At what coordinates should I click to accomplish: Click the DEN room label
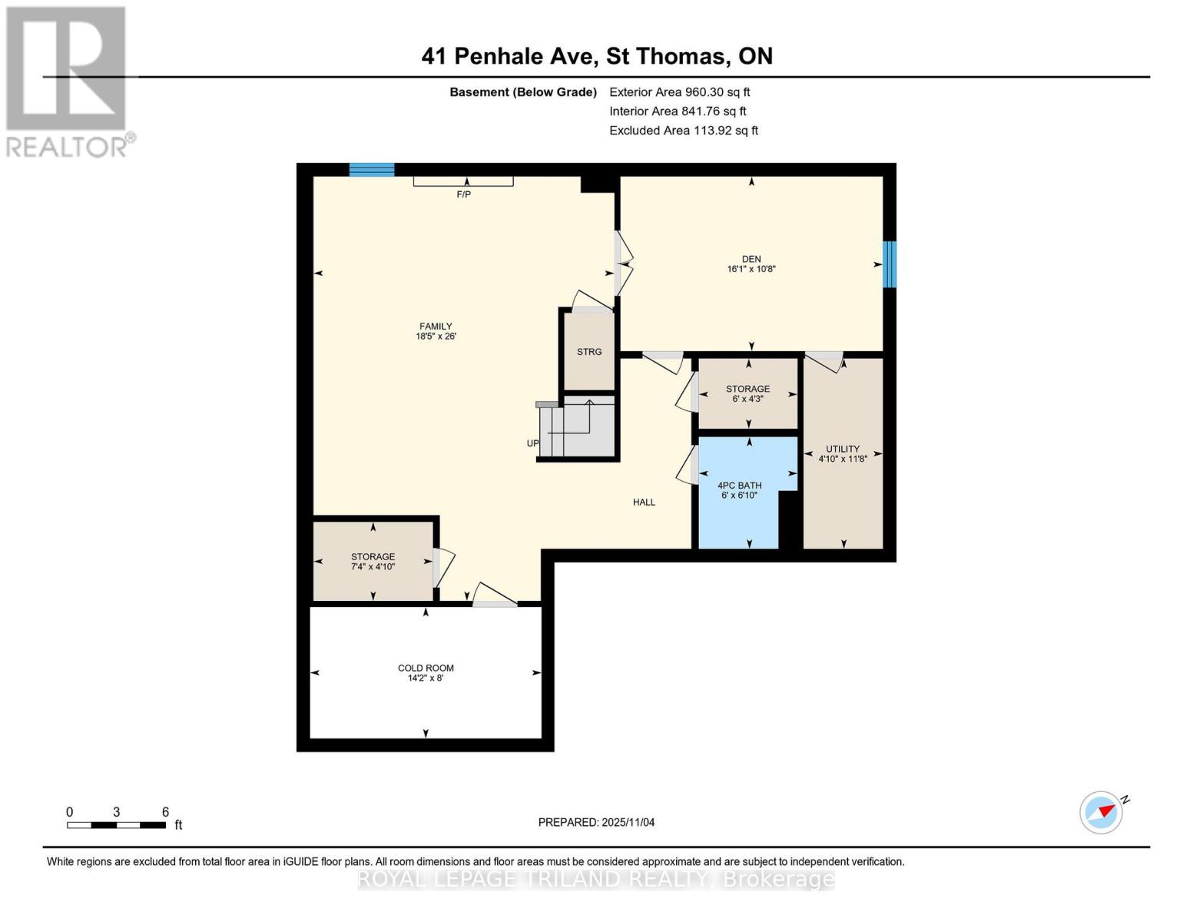(x=751, y=259)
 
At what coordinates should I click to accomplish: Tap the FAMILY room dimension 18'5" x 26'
(x=436, y=337)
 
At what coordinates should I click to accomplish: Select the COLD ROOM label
(x=426, y=668)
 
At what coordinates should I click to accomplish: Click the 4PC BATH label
(x=739, y=486)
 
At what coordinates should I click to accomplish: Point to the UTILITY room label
(x=843, y=449)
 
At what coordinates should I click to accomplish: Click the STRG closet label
(x=589, y=352)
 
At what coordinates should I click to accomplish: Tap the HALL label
(x=644, y=502)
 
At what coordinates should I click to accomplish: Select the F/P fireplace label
(x=463, y=195)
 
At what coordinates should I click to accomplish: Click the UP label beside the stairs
(x=532, y=443)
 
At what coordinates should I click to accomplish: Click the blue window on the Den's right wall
(x=889, y=264)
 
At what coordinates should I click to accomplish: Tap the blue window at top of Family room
(x=372, y=170)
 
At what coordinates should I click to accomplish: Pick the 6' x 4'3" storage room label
(x=747, y=394)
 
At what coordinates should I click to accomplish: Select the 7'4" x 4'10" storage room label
(x=373, y=562)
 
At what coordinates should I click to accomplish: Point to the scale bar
(x=116, y=825)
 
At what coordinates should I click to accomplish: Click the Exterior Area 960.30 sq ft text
(x=679, y=92)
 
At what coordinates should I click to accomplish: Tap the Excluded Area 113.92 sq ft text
(x=683, y=131)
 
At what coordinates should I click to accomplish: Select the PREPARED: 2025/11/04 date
(x=596, y=823)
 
